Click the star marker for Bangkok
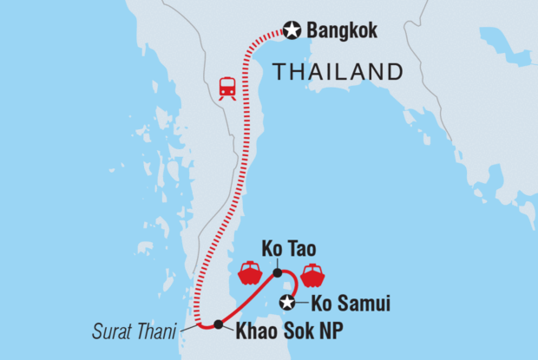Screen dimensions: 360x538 tap(292, 31)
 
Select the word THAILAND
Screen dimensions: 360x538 tap(338, 72)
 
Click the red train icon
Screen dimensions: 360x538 tap(227, 88)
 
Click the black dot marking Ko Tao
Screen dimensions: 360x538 tap(277, 273)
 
